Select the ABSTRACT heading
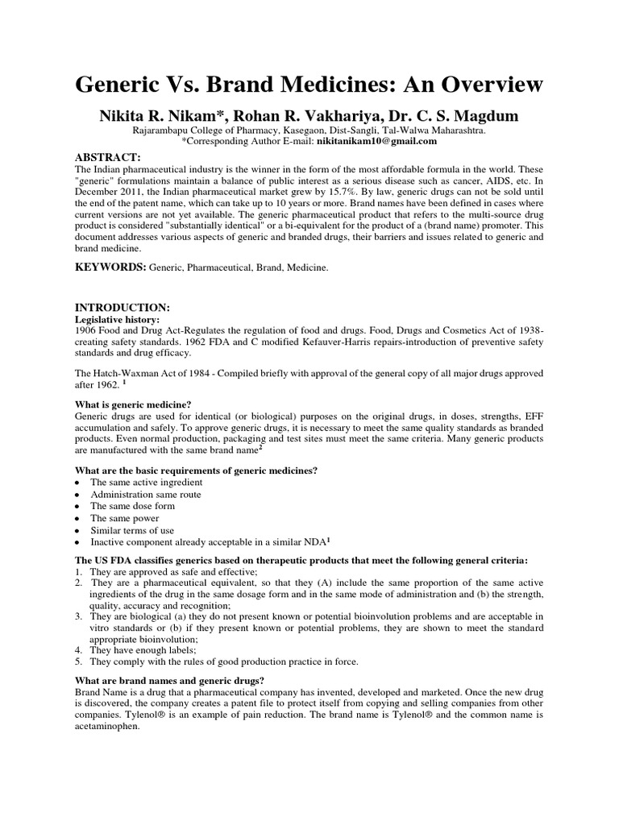click(108, 156)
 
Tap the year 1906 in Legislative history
click(87, 331)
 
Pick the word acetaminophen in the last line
click(107, 725)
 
